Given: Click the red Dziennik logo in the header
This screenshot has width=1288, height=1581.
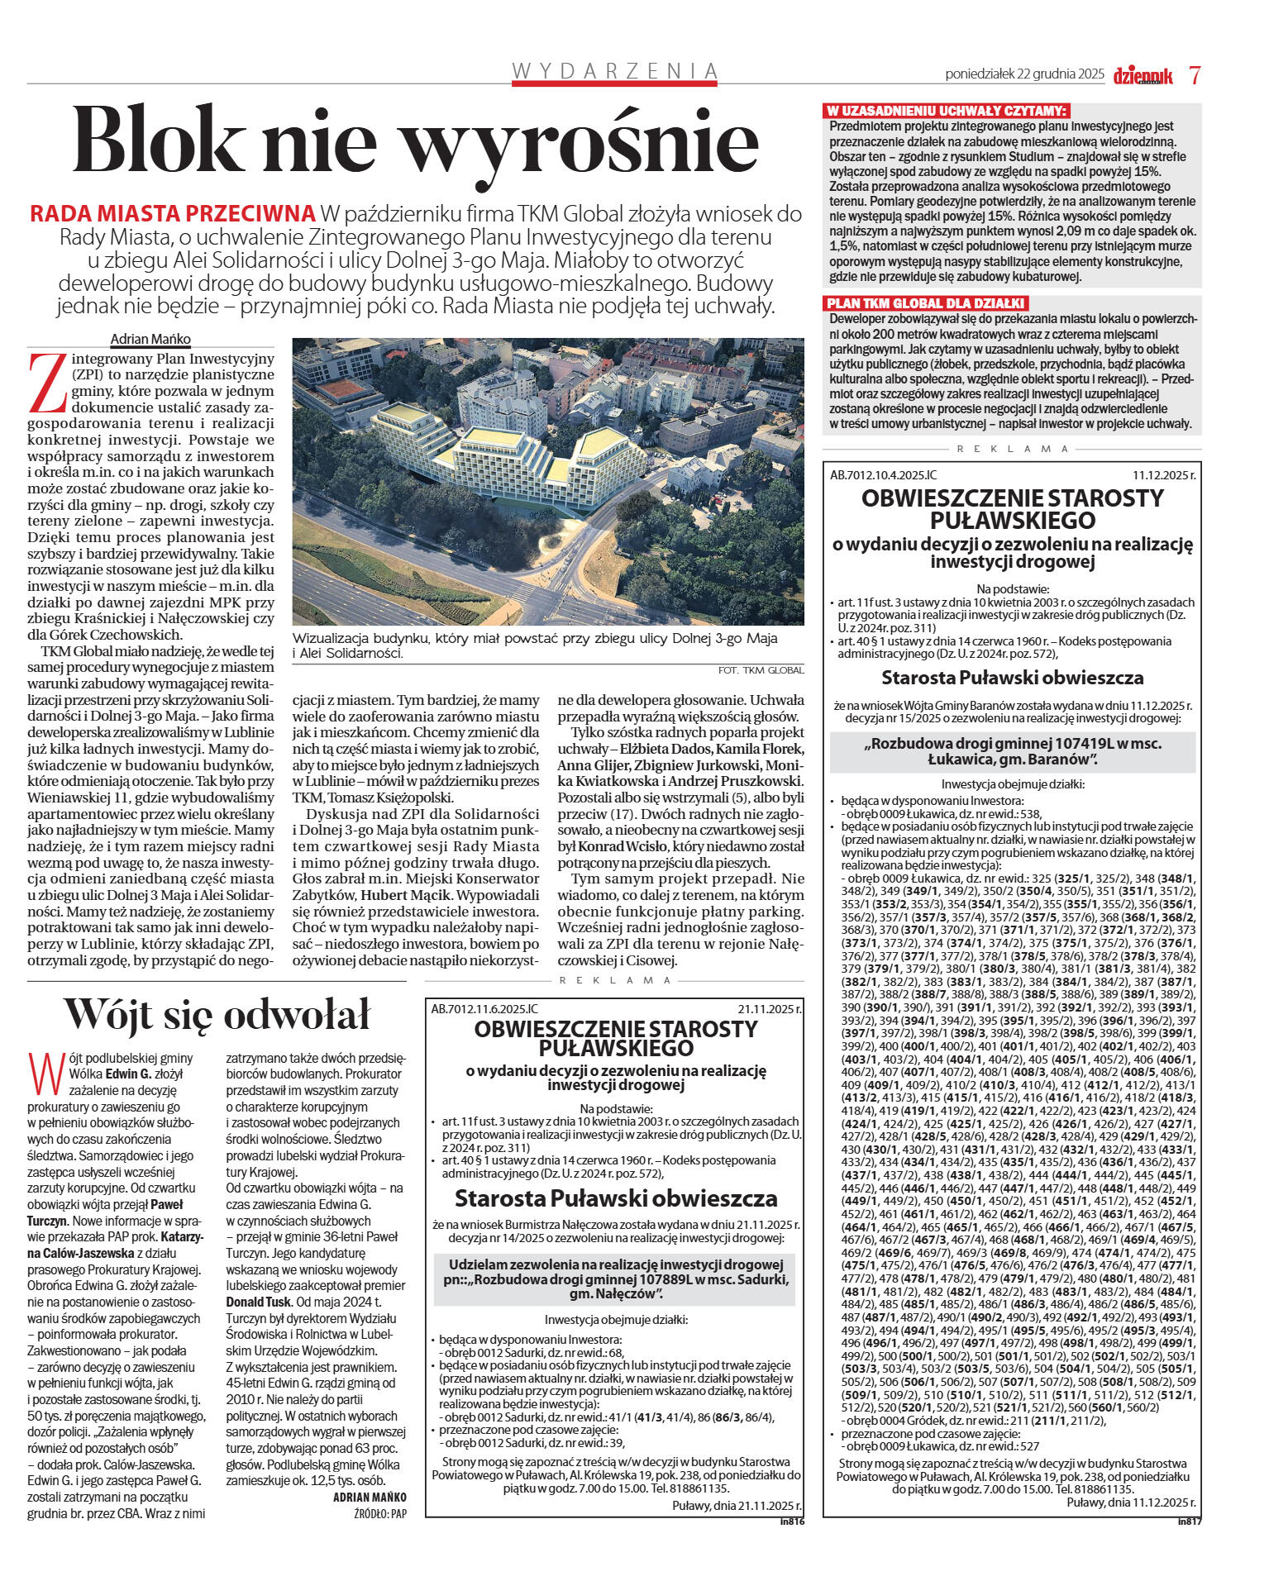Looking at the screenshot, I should point(1143,75).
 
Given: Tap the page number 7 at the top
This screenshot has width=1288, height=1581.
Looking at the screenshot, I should point(1195,74).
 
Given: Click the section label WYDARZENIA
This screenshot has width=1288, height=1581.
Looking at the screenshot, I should point(614,71).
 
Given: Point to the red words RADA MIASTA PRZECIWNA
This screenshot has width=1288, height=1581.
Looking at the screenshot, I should point(172,213).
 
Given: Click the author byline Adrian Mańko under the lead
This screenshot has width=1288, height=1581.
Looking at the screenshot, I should point(150,339).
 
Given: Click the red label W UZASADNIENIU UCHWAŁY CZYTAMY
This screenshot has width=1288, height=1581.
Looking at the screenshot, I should point(947,111).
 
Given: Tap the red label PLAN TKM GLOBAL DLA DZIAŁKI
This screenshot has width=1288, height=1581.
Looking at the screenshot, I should point(926,303).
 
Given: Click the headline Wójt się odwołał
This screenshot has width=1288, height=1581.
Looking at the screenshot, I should point(217,1013).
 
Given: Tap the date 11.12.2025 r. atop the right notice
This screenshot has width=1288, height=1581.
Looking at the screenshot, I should point(1163,475).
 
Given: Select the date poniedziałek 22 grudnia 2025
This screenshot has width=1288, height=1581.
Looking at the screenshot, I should point(1024,74).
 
